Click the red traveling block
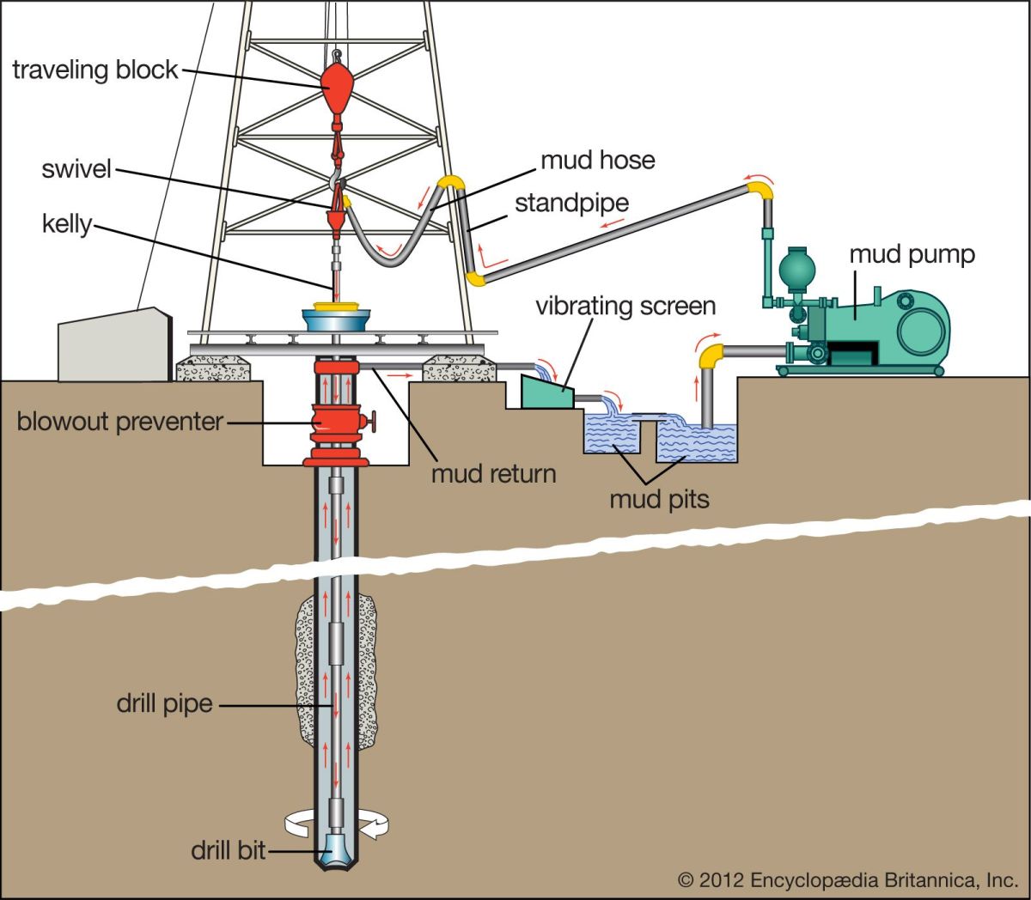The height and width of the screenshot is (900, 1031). coord(338,82)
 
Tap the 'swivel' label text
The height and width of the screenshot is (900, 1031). coord(76,168)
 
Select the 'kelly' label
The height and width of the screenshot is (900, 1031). coord(66,224)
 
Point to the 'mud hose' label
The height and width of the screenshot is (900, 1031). coord(597,160)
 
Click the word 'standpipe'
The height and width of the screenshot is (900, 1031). coord(571,204)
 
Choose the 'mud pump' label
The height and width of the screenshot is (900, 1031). coord(912,254)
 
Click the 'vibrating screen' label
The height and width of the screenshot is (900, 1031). coord(625,306)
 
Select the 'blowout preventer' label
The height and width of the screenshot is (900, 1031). coord(120,422)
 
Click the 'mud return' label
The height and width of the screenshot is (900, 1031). coord(493,473)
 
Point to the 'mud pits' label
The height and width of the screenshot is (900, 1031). coord(659,499)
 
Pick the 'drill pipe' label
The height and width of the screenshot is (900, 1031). coord(164,704)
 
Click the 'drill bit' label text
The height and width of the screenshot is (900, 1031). coord(229,850)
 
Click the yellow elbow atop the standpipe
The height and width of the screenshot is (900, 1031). coord(451,183)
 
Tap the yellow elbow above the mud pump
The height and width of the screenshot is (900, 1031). coord(758,189)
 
